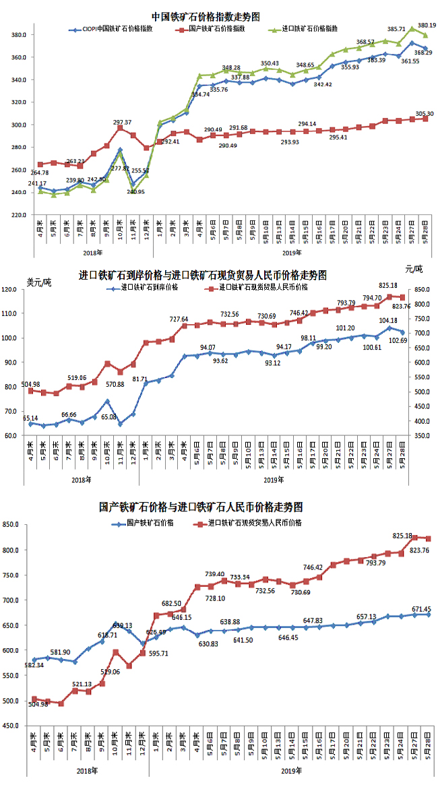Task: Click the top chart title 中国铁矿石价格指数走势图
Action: coord(206,15)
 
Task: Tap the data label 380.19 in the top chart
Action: coord(427,25)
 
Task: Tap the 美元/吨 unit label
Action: coord(38,282)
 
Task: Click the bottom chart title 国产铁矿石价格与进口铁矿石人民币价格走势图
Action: coord(200,507)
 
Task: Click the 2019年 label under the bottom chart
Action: coord(290,770)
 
